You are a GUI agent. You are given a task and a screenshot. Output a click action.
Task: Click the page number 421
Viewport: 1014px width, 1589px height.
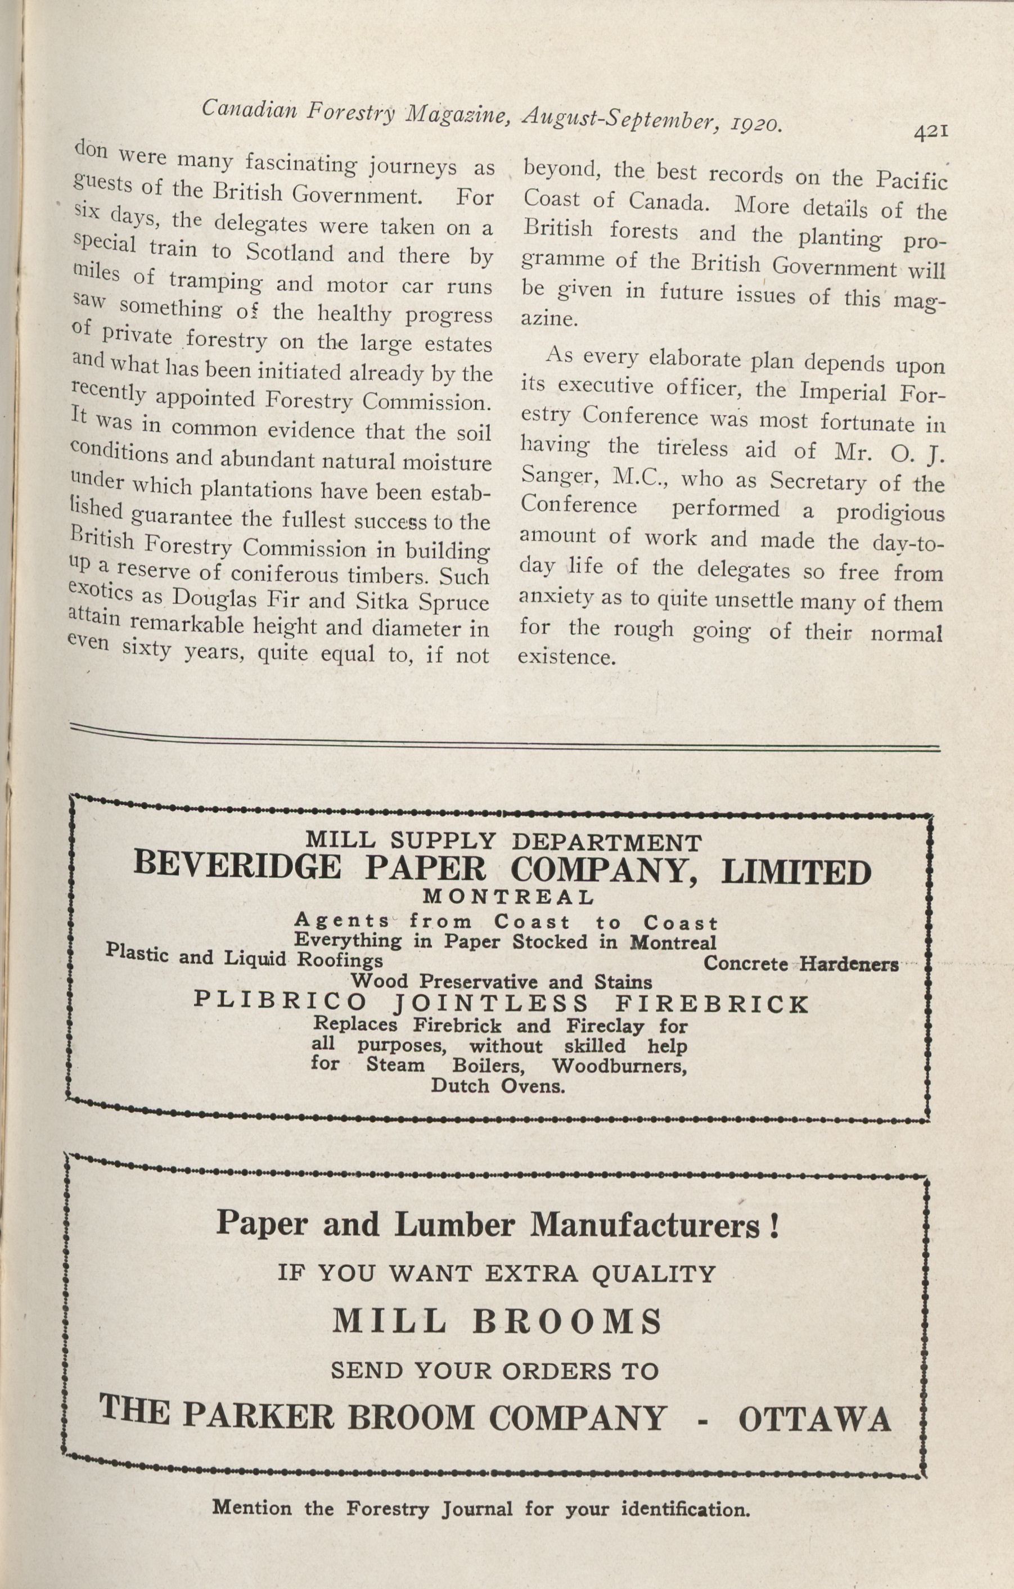coord(931,132)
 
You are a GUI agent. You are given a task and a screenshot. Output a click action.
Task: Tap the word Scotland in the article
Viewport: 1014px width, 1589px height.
coord(289,254)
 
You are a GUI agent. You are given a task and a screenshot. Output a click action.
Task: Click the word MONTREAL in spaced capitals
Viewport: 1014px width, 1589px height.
coord(508,897)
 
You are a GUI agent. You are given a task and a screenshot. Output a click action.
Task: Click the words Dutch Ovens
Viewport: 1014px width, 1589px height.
coord(498,1086)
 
